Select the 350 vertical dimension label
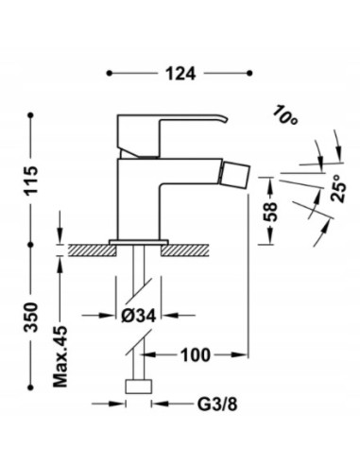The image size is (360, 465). (x=34, y=318)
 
